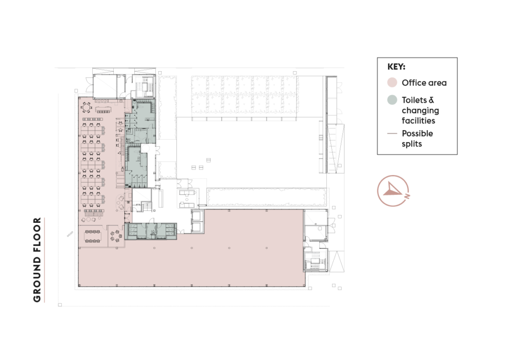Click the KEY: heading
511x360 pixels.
point(396,67)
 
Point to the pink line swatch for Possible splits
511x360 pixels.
point(392,134)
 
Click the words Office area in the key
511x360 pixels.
point(424,83)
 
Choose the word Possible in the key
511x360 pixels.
point(418,134)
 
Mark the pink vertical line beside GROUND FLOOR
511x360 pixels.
point(45,259)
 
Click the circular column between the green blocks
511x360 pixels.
point(145,148)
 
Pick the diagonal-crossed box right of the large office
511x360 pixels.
point(315,225)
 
